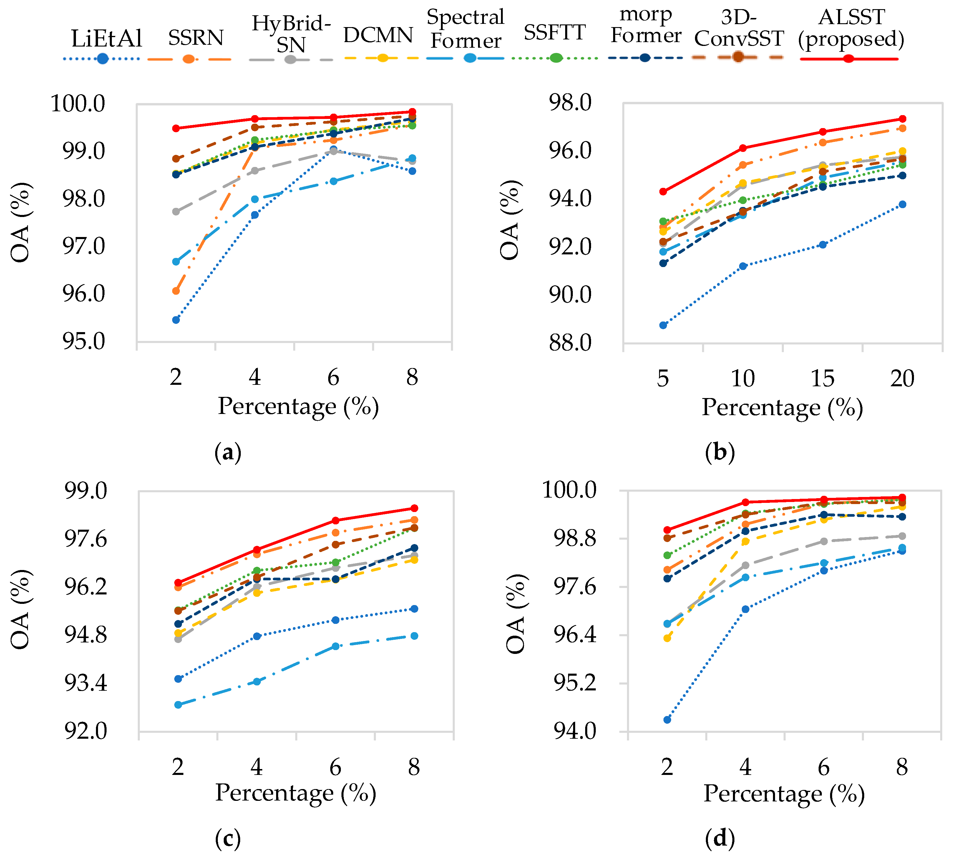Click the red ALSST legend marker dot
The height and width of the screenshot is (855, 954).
(848, 59)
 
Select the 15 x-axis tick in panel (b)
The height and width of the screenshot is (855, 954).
(822, 378)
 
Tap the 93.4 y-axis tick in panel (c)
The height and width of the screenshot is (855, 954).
(85, 684)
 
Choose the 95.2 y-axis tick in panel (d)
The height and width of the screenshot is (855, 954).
(575, 684)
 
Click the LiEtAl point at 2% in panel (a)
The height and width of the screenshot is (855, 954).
(176, 320)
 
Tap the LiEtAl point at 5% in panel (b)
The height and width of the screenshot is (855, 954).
(663, 325)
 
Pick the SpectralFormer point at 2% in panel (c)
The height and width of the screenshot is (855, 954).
(178, 705)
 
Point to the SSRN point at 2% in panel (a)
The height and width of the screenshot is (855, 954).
(176, 291)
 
